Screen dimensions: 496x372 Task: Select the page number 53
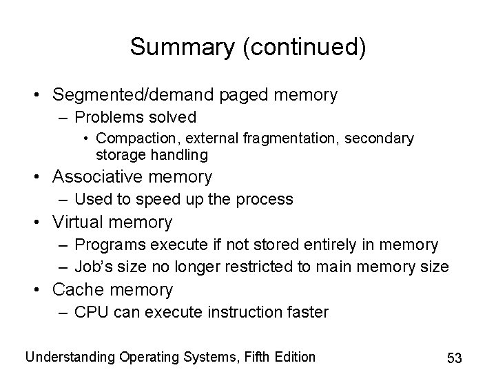click(x=454, y=358)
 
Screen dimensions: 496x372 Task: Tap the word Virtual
click(x=81, y=222)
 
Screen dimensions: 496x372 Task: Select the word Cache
click(x=79, y=289)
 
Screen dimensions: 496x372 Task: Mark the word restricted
click(x=261, y=267)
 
